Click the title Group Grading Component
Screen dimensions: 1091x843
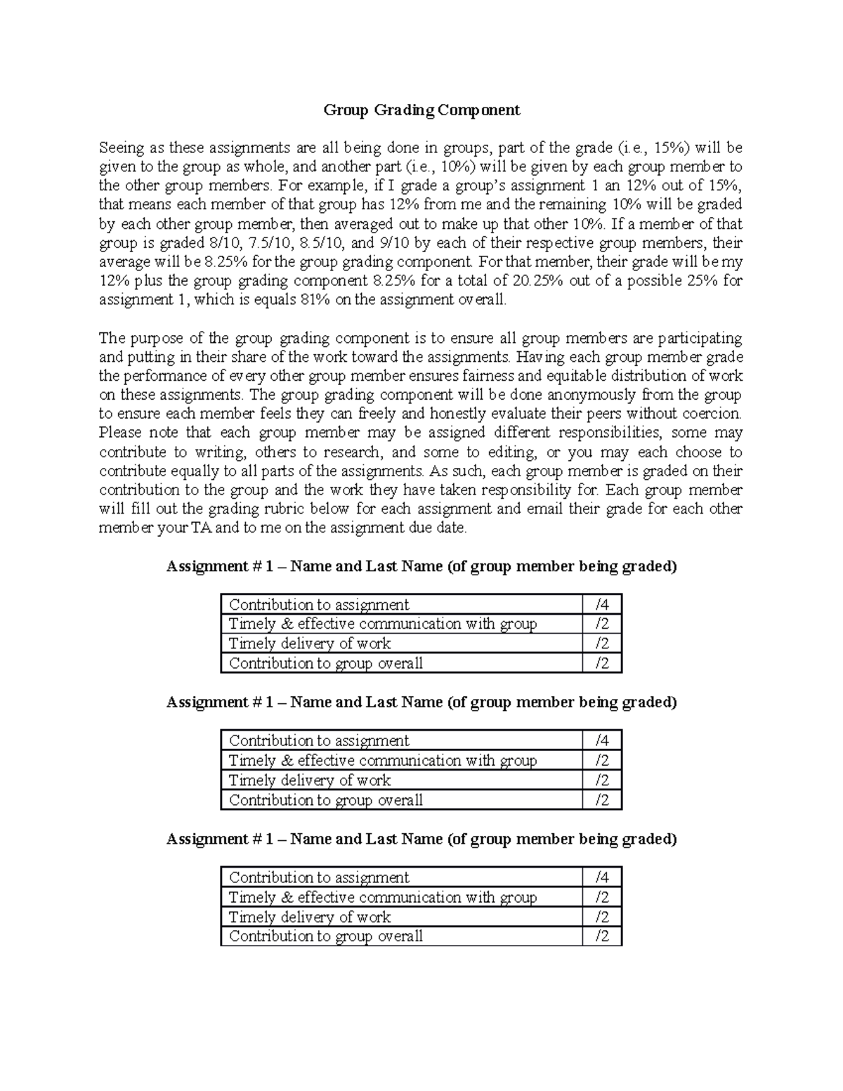(421, 110)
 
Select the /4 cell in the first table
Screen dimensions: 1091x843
(601, 605)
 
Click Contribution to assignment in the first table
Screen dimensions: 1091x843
(319, 605)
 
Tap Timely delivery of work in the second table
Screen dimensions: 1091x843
(310, 780)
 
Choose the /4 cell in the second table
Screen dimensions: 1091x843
(601, 741)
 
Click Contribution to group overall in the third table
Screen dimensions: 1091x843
(326, 936)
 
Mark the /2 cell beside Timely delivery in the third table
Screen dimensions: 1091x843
(601, 917)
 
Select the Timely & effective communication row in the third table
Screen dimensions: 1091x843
(383, 898)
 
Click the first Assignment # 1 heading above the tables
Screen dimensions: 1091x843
(421, 567)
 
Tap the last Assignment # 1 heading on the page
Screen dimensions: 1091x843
(421, 840)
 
